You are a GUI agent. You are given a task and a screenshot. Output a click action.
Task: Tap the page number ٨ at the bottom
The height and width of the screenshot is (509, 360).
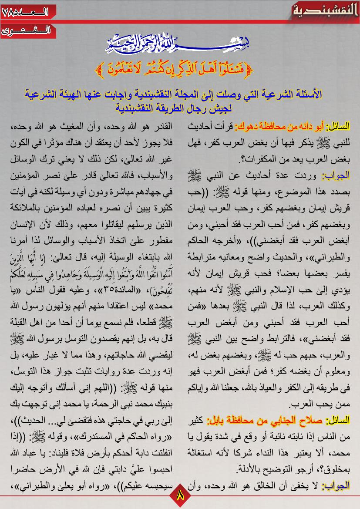(179, 496)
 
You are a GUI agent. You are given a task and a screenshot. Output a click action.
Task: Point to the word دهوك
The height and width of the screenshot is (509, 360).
(246, 127)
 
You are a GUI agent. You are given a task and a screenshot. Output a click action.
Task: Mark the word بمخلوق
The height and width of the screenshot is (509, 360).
(337, 469)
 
